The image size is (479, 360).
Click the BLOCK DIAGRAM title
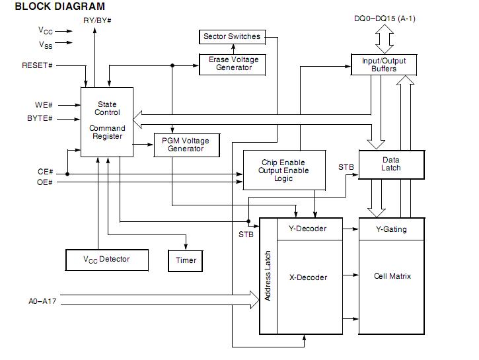59,7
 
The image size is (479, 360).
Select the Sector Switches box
231,36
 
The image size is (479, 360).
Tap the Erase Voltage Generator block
233,63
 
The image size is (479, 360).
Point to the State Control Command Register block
107,121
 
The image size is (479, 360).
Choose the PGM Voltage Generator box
186,145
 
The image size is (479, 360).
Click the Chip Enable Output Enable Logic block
283,170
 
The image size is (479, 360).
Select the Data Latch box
390,164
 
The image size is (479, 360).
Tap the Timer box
186,260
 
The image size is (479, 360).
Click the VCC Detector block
106,260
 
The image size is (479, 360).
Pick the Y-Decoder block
308,229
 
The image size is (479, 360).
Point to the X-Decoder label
308,277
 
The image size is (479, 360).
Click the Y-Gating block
391,229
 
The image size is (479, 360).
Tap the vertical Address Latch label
268,276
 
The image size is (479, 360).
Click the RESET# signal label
37,65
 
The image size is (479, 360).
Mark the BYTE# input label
40,118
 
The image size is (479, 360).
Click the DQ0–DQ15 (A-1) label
385,18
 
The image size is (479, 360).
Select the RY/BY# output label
96,21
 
